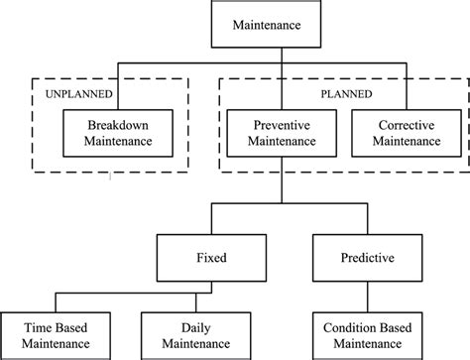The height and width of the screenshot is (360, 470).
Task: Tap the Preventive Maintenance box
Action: click(x=282, y=135)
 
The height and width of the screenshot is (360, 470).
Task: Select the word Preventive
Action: click(x=282, y=127)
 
